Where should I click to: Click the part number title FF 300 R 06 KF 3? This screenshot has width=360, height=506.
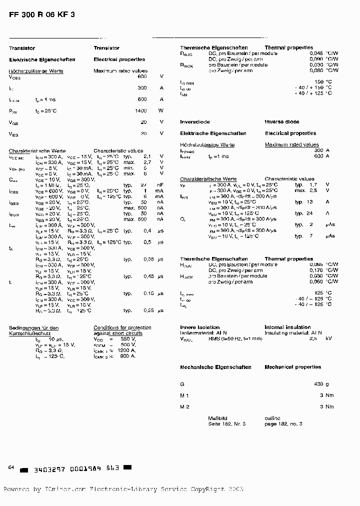tap(42, 14)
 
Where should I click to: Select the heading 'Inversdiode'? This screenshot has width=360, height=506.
tap(195, 122)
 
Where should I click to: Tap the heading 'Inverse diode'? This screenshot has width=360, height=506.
tap(282, 122)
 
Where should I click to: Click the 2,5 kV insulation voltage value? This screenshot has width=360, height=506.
tap(320, 338)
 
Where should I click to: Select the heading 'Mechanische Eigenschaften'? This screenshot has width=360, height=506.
tap(215, 367)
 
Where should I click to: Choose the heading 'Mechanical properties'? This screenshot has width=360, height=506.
tap(292, 367)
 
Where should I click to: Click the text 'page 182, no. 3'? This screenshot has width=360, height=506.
tap(283, 423)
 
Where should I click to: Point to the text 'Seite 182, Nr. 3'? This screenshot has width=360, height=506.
tap(227, 423)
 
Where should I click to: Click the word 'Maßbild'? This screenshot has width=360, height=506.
tap(217, 418)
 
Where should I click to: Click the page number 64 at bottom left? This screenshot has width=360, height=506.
tap(11, 467)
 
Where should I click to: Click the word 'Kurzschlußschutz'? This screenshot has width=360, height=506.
tap(29, 333)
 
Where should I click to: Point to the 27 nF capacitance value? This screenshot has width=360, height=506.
tap(151, 185)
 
